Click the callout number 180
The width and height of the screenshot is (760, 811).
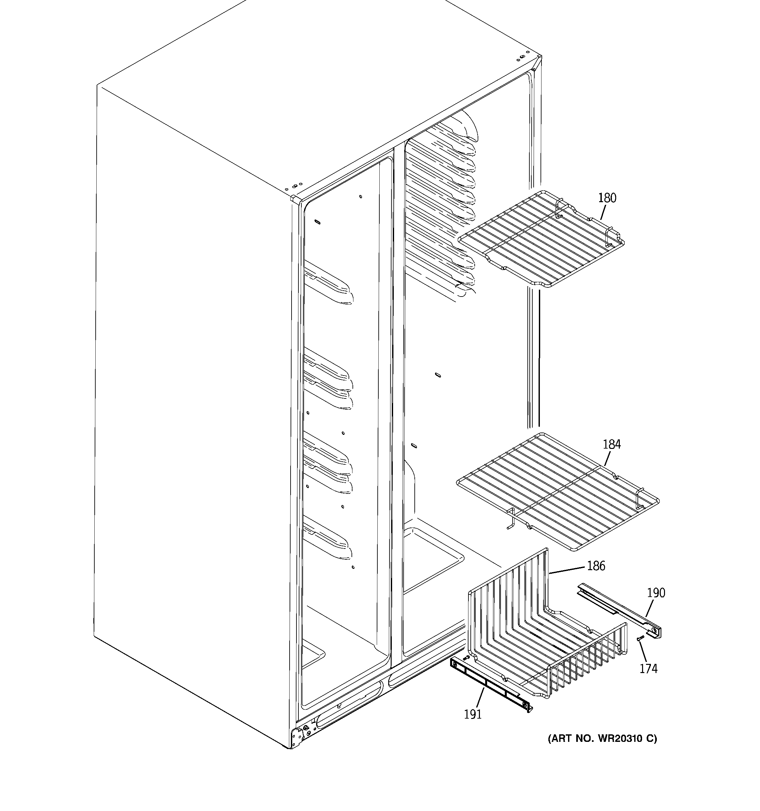point(607,198)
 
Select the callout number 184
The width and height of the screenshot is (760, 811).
point(612,444)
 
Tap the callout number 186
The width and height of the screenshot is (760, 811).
point(596,566)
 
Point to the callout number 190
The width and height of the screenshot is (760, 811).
point(656,593)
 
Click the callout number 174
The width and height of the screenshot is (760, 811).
point(648,669)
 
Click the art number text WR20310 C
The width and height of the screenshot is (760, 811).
point(602,738)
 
